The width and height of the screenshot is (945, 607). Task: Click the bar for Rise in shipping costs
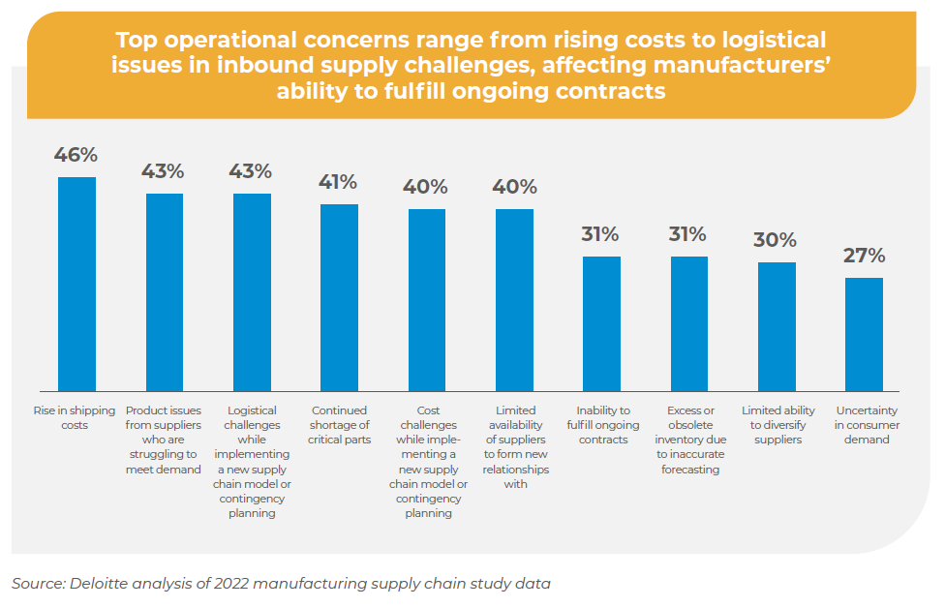(x=77, y=283)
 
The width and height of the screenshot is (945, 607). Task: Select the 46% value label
(x=76, y=155)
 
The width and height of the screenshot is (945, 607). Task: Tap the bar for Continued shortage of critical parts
(x=339, y=296)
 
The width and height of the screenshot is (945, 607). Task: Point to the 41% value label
(x=339, y=182)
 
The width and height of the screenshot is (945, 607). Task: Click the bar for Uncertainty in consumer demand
(x=864, y=333)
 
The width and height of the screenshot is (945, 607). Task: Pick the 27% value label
(x=864, y=256)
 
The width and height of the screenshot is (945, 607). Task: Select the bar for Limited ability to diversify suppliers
(x=777, y=325)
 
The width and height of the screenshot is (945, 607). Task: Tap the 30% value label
(x=776, y=240)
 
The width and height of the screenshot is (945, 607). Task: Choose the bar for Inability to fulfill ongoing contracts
(x=601, y=322)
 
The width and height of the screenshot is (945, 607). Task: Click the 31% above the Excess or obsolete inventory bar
(x=688, y=234)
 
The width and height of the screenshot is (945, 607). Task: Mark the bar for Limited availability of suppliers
(x=514, y=298)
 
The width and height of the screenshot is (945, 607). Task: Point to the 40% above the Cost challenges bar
(x=427, y=187)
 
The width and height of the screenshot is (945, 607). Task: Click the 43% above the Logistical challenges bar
(x=251, y=171)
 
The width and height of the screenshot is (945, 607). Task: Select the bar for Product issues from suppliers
(x=165, y=290)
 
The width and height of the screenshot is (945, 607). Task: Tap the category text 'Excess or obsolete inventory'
(x=688, y=440)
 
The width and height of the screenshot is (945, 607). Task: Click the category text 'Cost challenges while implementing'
(x=427, y=462)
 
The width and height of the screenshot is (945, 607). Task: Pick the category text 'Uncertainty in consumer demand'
(x=864, y=425)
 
